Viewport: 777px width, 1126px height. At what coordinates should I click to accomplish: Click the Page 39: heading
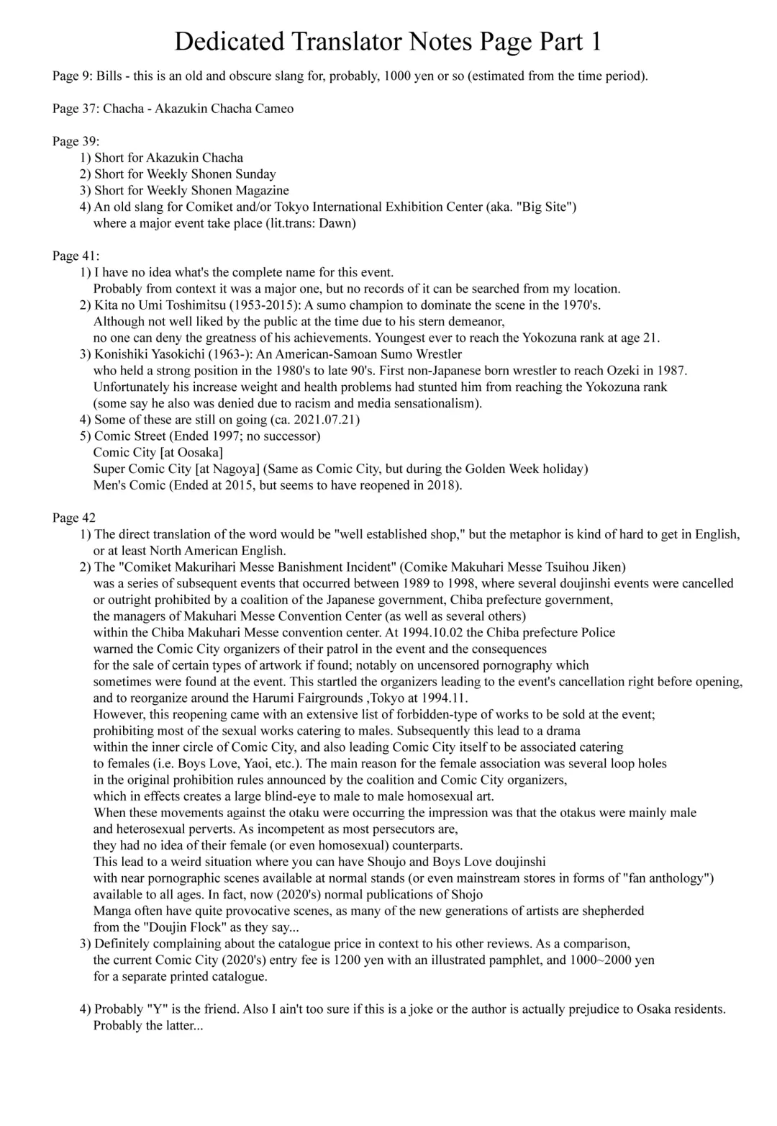click(x=76, y=141)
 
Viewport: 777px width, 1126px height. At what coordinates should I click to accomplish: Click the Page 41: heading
click(x=76, y=256)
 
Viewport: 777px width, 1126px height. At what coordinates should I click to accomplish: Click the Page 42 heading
click(x=73, y=518)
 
